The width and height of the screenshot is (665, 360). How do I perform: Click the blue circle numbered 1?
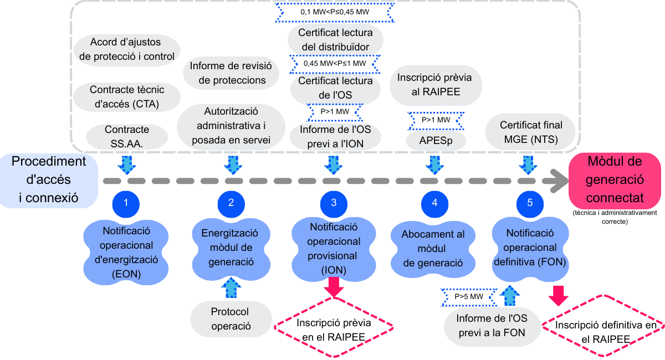(x=126, y=203)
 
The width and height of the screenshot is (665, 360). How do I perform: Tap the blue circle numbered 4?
(x=434, y=203)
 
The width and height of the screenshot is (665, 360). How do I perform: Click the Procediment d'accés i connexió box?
(x=49, y=180)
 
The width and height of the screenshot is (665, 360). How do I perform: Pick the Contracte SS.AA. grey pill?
(x=127, y=136)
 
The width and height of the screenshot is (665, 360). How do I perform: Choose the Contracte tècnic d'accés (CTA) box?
(x=127, y=96)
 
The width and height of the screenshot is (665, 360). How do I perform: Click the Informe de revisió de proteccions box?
(x=232, y=73)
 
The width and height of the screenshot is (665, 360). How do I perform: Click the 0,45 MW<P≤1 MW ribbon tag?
(x=335, y=64)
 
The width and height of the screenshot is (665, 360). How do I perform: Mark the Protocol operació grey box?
(x=230, y=318)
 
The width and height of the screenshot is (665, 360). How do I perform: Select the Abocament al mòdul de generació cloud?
(x=433, y=249)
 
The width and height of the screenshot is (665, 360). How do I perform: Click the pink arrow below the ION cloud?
(x=334, y=287)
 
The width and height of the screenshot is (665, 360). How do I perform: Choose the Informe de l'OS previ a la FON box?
(x=491, y=326)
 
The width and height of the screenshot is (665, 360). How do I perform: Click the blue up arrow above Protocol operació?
(x=230, y=289)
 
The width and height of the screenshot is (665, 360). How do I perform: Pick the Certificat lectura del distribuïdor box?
(x=335, y=40)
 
